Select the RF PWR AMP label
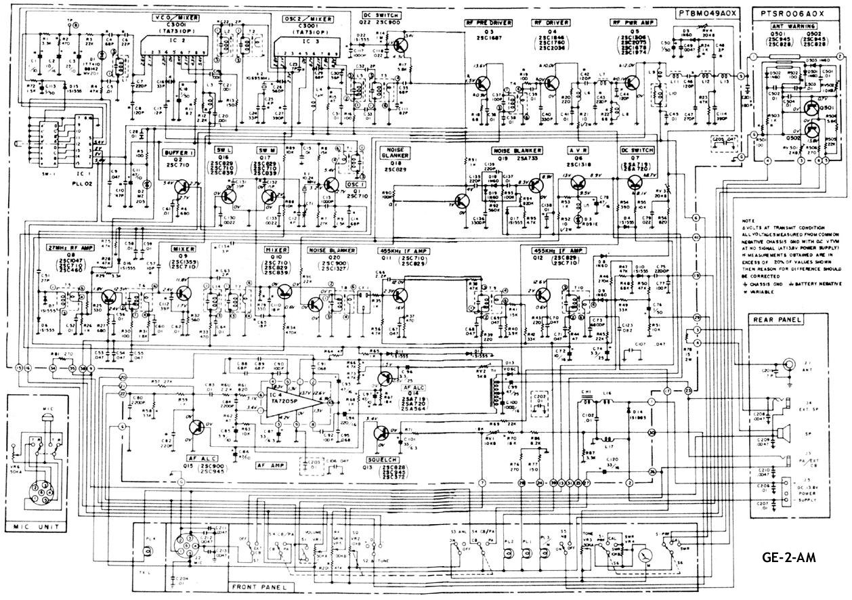(626, 22)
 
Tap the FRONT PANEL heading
(257, 586)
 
